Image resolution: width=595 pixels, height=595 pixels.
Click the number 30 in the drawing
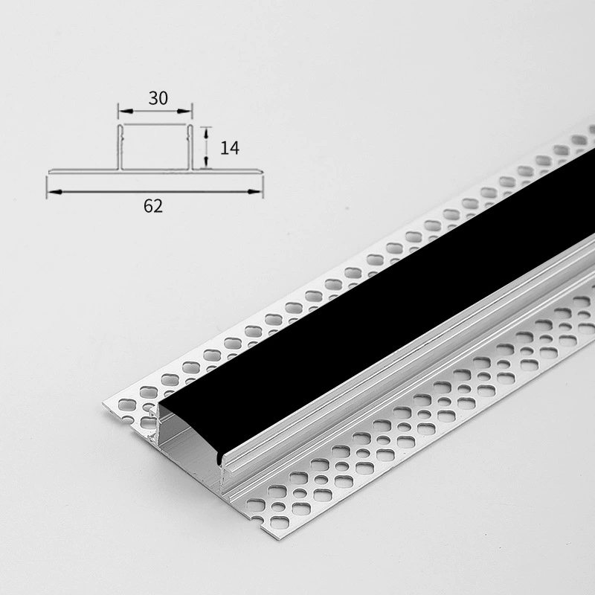[x=158, y=98]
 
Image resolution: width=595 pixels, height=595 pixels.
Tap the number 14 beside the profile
[x=230, y=147]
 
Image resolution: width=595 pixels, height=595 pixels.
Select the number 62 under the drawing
[x=153, y=206]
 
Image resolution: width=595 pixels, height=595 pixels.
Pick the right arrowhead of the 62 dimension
[x=254, y=192]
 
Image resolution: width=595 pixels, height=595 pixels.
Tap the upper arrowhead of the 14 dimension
[x=206, y=134]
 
